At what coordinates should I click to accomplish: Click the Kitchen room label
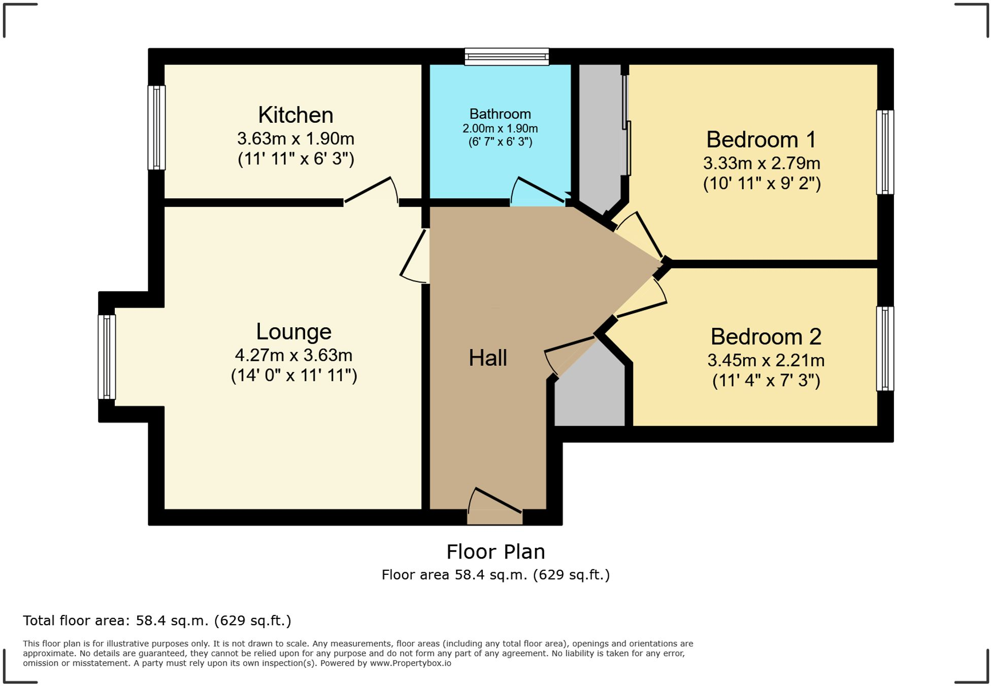295,115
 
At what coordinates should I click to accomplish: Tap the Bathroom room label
500,114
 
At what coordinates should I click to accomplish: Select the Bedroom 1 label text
761,140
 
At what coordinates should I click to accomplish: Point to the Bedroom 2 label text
766,337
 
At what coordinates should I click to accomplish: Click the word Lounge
293,332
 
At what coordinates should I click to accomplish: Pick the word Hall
487,358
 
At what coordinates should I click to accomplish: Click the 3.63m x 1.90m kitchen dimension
295,139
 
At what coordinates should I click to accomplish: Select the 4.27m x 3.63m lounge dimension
293,355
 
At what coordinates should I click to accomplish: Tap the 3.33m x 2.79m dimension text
761,163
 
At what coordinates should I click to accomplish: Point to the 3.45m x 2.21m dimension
766,361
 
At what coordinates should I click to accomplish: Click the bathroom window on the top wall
507,56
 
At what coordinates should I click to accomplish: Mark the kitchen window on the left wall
156,127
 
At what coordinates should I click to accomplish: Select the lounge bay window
107,357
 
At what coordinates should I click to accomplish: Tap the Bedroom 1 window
885,152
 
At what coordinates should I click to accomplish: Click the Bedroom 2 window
885,349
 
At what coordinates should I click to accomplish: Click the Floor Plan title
495,552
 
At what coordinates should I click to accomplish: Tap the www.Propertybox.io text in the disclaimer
410,663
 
